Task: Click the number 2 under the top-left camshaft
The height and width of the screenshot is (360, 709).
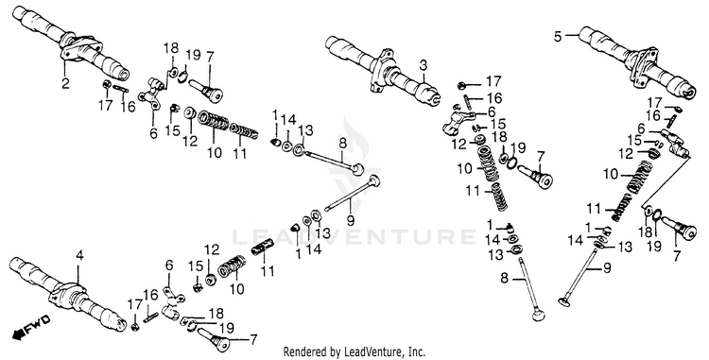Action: coord(66,84)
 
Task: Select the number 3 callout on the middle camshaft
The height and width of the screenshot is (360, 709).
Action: coord(424,66)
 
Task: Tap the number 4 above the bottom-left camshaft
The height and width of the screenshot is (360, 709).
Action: coord(79,256)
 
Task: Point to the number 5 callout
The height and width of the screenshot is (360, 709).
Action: coord(558,36)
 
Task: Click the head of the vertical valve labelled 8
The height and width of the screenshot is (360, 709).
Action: coord(537,314)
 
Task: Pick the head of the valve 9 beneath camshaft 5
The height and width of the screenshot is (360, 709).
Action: coord(564,300)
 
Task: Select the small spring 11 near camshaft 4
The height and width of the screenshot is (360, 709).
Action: coord(261,248)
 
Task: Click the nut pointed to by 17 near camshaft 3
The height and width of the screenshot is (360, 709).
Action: coord(461,84)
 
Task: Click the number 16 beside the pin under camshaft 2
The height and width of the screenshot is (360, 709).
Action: coord(128,107)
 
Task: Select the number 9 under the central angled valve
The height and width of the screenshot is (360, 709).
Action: coord(350,220)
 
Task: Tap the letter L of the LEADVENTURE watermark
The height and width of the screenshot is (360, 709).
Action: coord(239,236)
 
